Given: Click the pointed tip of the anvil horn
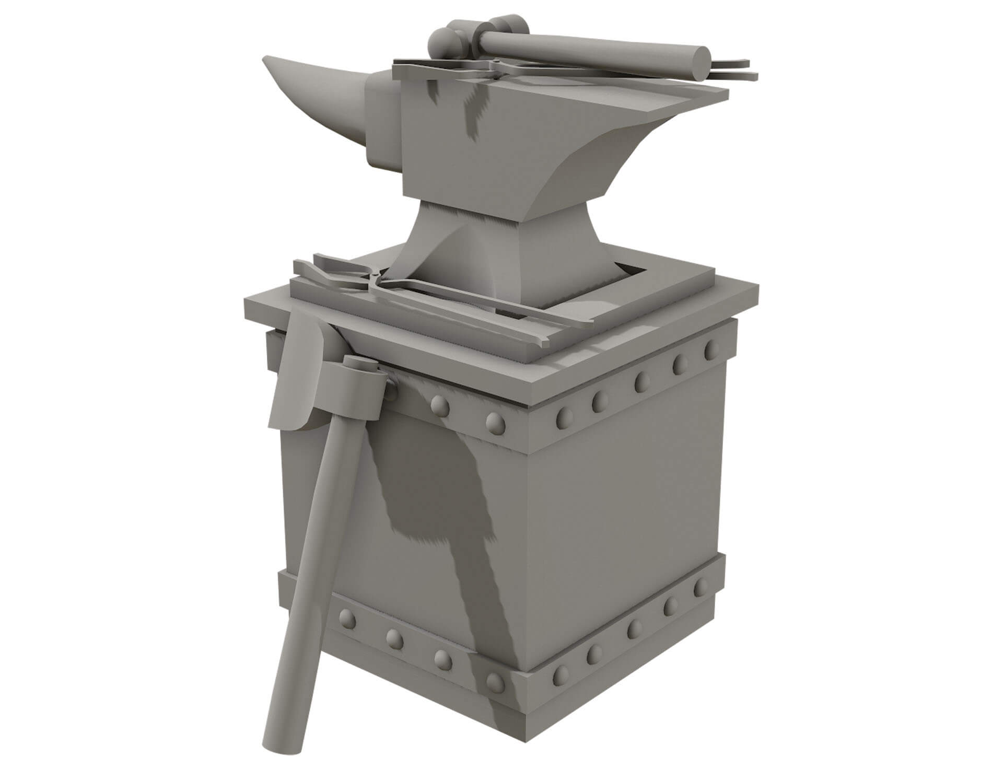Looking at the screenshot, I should [265, 59].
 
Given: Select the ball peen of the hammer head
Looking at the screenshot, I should [441, 42].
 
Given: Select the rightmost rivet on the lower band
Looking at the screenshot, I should [701, 588].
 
